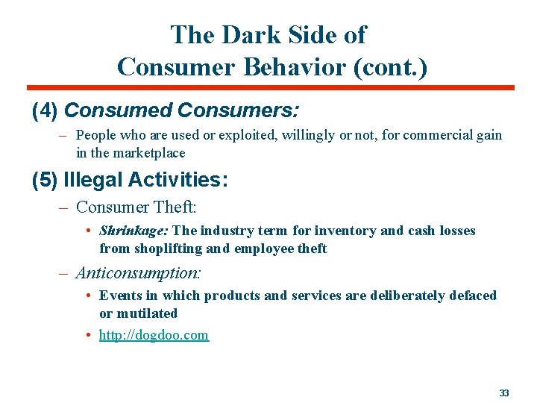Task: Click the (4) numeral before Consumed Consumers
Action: (x=45, y=111)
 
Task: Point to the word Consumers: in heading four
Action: (x=238, y=111)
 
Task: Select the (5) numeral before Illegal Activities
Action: (x=45, y=180)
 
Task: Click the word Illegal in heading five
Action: (x=93, y=180)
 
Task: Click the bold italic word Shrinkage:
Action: (x=134, y=231)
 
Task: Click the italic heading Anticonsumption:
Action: (x=139, y=272)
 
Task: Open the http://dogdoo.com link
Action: (x=154, y=335)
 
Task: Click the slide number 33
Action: (x=504, y=393)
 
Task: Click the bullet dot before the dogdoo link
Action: (x=88, y=335)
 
